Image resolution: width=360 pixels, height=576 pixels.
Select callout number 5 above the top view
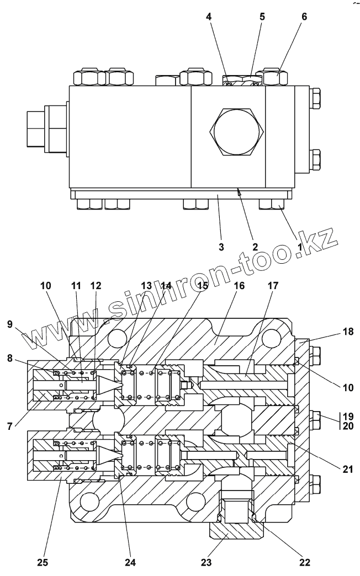[262, 17]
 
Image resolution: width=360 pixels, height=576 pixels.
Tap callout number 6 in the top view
[304, 17]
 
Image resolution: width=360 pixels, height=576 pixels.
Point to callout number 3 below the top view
[221, 247]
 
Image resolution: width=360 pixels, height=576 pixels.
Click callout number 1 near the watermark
[299, 247]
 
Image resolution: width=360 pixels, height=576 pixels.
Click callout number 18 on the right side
[348, 332]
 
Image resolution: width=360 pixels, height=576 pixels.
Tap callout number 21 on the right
[348, 469]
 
